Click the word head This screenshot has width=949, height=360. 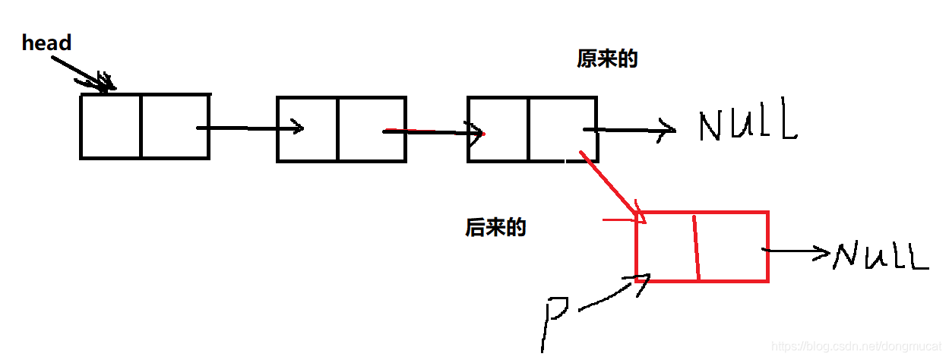[46, 43]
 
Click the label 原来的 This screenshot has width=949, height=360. [607, 60]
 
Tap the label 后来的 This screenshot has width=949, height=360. [495, 227]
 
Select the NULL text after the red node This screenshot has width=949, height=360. [881, 256]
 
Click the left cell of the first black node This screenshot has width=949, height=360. [111, 126]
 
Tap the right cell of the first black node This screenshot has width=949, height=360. [175, 126]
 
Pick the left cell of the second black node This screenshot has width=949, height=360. [308, 129]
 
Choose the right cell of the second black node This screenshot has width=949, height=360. [372, 129]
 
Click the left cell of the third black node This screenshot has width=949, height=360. [498, 129]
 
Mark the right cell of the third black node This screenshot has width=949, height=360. [562, 129]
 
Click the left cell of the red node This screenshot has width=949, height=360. [666, 247]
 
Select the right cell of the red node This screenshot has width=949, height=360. [732, 247]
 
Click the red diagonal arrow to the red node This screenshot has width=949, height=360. [612, 185]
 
